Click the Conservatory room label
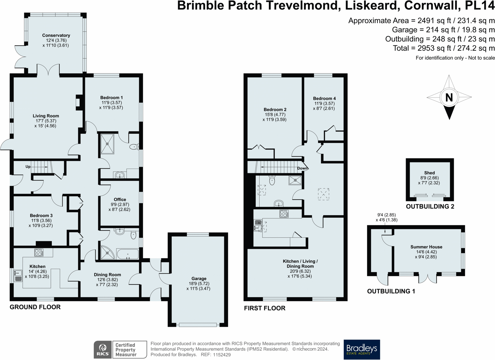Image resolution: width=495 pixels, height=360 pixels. [56, 35]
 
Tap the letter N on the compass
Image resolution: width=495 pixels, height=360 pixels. [449, 97]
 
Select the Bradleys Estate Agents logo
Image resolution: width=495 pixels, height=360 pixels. [362, 349]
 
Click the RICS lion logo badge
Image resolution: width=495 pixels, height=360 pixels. [103, 349]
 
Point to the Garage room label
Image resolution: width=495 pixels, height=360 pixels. [199, 279]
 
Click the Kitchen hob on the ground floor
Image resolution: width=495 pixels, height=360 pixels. [39, 252]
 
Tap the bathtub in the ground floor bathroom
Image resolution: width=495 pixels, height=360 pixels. [128, 254]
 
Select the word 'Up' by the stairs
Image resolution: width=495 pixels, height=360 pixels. [28, 167]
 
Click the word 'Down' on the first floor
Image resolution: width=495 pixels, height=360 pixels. [302, 168]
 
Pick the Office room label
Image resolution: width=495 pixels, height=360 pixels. [120, 200]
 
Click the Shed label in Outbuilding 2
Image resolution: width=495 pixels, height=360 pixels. [430, 173]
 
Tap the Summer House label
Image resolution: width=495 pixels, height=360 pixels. [426, 247]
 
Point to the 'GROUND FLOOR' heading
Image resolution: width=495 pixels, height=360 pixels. [35, 307]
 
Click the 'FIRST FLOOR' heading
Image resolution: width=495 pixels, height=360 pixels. [265, 308]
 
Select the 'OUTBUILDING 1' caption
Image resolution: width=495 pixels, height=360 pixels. [391, 291]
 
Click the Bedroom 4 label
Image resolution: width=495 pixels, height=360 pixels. [324, 98]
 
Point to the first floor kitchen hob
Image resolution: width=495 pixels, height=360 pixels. [284, 214]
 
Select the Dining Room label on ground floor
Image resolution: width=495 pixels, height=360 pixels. [107, 275]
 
